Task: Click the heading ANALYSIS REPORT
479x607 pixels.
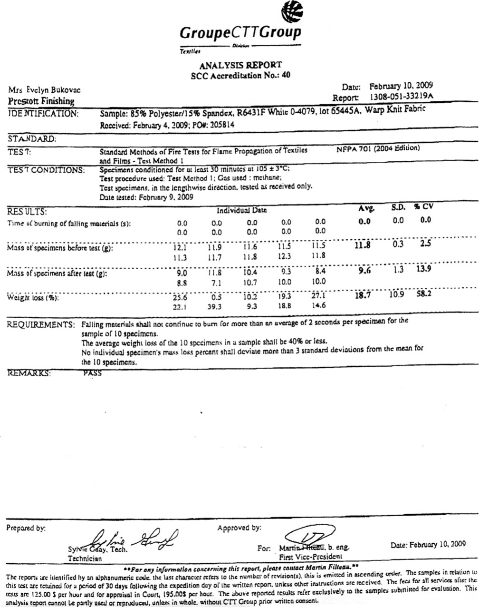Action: click(x=240, y=65)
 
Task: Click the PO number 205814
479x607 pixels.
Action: click(x=221, y=125)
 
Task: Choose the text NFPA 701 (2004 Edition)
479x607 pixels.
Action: click(x=378, y=148)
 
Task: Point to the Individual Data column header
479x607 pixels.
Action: click(x=241, y=210)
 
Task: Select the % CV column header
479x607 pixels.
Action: click(x=423, y=207)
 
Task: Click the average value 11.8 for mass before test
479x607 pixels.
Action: click(x=363, y=245)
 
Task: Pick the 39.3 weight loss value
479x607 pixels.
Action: click(x=216, y=307)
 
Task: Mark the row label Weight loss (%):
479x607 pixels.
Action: click(x=33, y=298)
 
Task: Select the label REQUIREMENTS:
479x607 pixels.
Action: click(x=41, y=325)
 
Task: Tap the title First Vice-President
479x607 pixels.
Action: click(x=310, y=556)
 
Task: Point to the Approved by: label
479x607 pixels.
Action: click(x=239, y=528)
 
